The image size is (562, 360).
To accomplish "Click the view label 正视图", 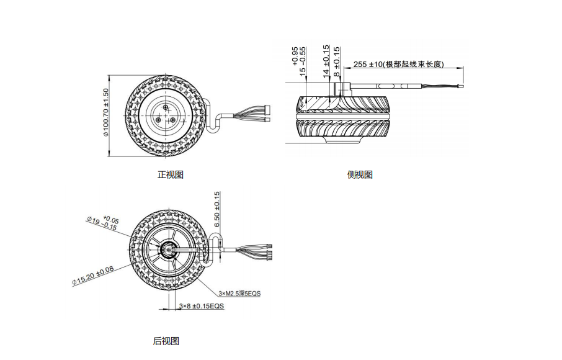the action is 171,174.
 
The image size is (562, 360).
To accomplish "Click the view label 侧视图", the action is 360,174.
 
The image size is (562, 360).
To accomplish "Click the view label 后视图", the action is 166,341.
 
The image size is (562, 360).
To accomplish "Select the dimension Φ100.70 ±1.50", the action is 105,112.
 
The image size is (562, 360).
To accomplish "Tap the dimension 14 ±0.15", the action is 326,60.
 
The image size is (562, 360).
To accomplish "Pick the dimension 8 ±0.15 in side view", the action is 337,61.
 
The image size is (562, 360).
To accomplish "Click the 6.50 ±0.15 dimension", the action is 216,209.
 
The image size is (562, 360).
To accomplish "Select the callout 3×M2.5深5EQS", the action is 240,294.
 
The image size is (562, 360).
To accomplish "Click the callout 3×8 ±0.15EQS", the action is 202,306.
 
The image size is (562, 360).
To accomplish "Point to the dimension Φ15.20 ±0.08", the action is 93,276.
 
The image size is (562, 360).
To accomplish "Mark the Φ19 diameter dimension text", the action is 103,223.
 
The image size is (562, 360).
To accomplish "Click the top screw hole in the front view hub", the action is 165,107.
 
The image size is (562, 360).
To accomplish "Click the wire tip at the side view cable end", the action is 461,86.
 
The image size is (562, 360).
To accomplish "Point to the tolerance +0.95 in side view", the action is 295,56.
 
